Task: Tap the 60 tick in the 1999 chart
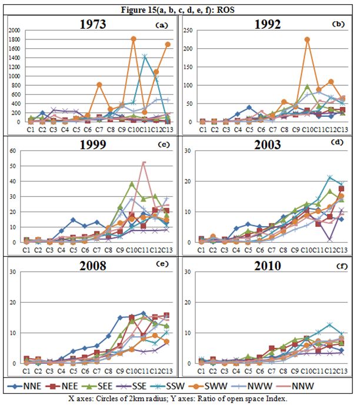coord(14,150)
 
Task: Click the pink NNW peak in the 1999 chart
coord(143,163)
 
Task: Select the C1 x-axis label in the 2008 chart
coord(26,371)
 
